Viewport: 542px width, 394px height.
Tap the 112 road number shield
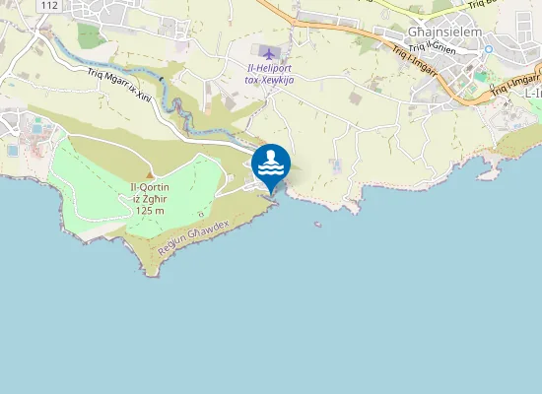50,6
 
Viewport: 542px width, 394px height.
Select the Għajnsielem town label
444,31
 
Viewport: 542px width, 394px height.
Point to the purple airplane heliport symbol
270,51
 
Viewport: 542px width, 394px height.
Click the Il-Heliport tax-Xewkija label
269,73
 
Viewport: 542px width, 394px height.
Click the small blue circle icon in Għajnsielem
487,48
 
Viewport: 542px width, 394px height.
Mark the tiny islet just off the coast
317,224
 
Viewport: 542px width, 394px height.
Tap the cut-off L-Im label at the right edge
533,92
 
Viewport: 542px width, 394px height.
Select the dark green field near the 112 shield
90,35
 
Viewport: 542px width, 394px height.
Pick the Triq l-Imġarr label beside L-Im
511,86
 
